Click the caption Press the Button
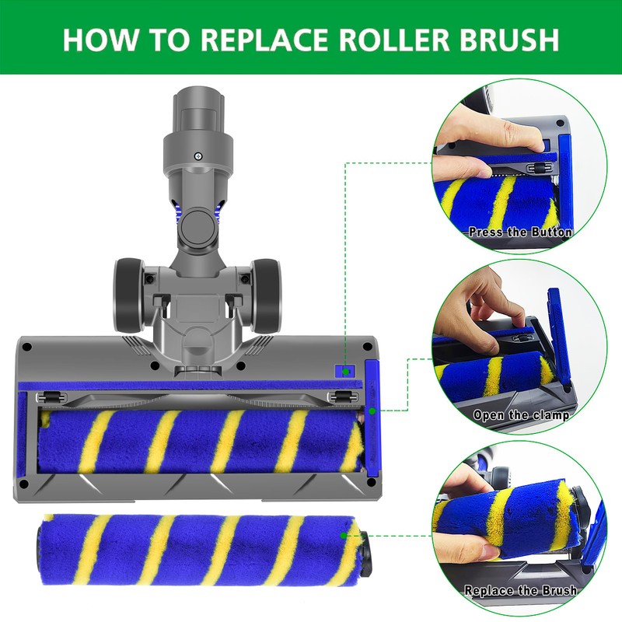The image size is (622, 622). pos(520,232)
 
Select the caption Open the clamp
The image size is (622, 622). pos(522,415)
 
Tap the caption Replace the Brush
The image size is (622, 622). pos(520,591)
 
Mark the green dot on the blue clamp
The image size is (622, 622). pos(372,409)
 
